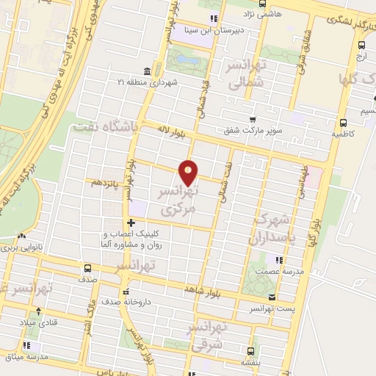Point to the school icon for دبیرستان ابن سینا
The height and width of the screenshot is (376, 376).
[x=213, y=18]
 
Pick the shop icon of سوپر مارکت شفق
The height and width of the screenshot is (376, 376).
[x=253, y=119]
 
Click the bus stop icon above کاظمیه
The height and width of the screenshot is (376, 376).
[x=343, y=123]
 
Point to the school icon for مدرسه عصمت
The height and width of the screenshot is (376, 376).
[x=278, y=259]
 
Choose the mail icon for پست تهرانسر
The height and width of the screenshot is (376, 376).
[x=272, y=297]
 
